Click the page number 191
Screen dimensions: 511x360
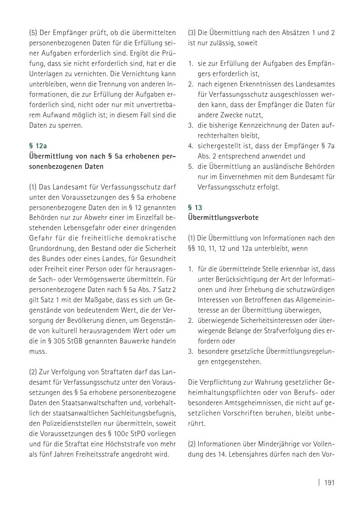[x=330, y=483]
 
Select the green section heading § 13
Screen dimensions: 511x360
[x=195, y=208]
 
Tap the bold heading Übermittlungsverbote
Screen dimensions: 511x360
[x=223, y=218]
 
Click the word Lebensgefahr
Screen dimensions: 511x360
[x=79, y=228]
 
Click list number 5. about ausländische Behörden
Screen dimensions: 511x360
[x=191, y=166]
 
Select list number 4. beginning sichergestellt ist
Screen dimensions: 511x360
[x=191, y=146]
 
